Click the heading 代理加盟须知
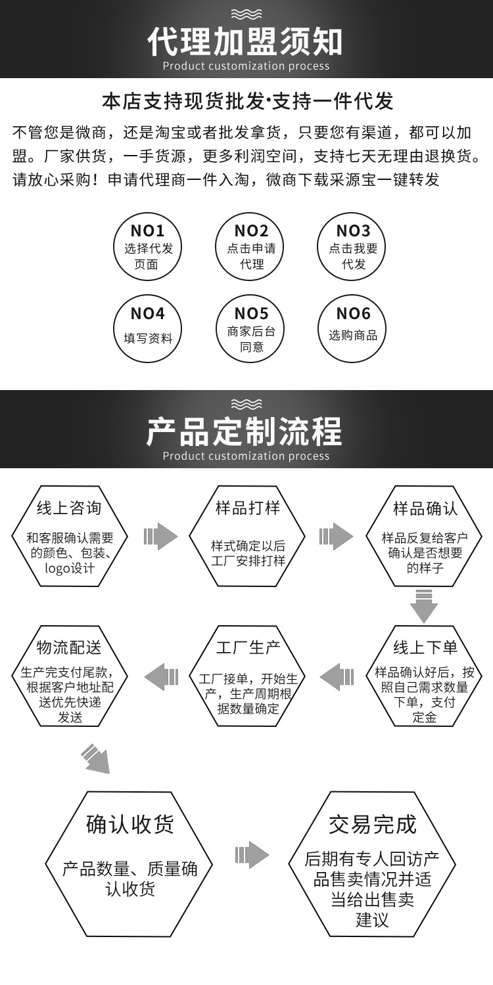(x=245, y=41)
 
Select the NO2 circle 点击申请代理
(x=251, y=247)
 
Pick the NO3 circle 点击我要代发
(x=353, y=247)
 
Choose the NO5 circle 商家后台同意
(x=251, y=329)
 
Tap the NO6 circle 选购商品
(x=353, y=329)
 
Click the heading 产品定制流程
(x=245, y=431)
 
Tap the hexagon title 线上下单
(x=425, y=648)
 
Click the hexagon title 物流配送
(x=69, y=648)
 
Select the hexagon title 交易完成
(x=373, y=824)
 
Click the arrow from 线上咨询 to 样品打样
(x=160, y=536)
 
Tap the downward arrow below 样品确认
(x=424, y=605)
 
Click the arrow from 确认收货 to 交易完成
(x=252, y=854)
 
